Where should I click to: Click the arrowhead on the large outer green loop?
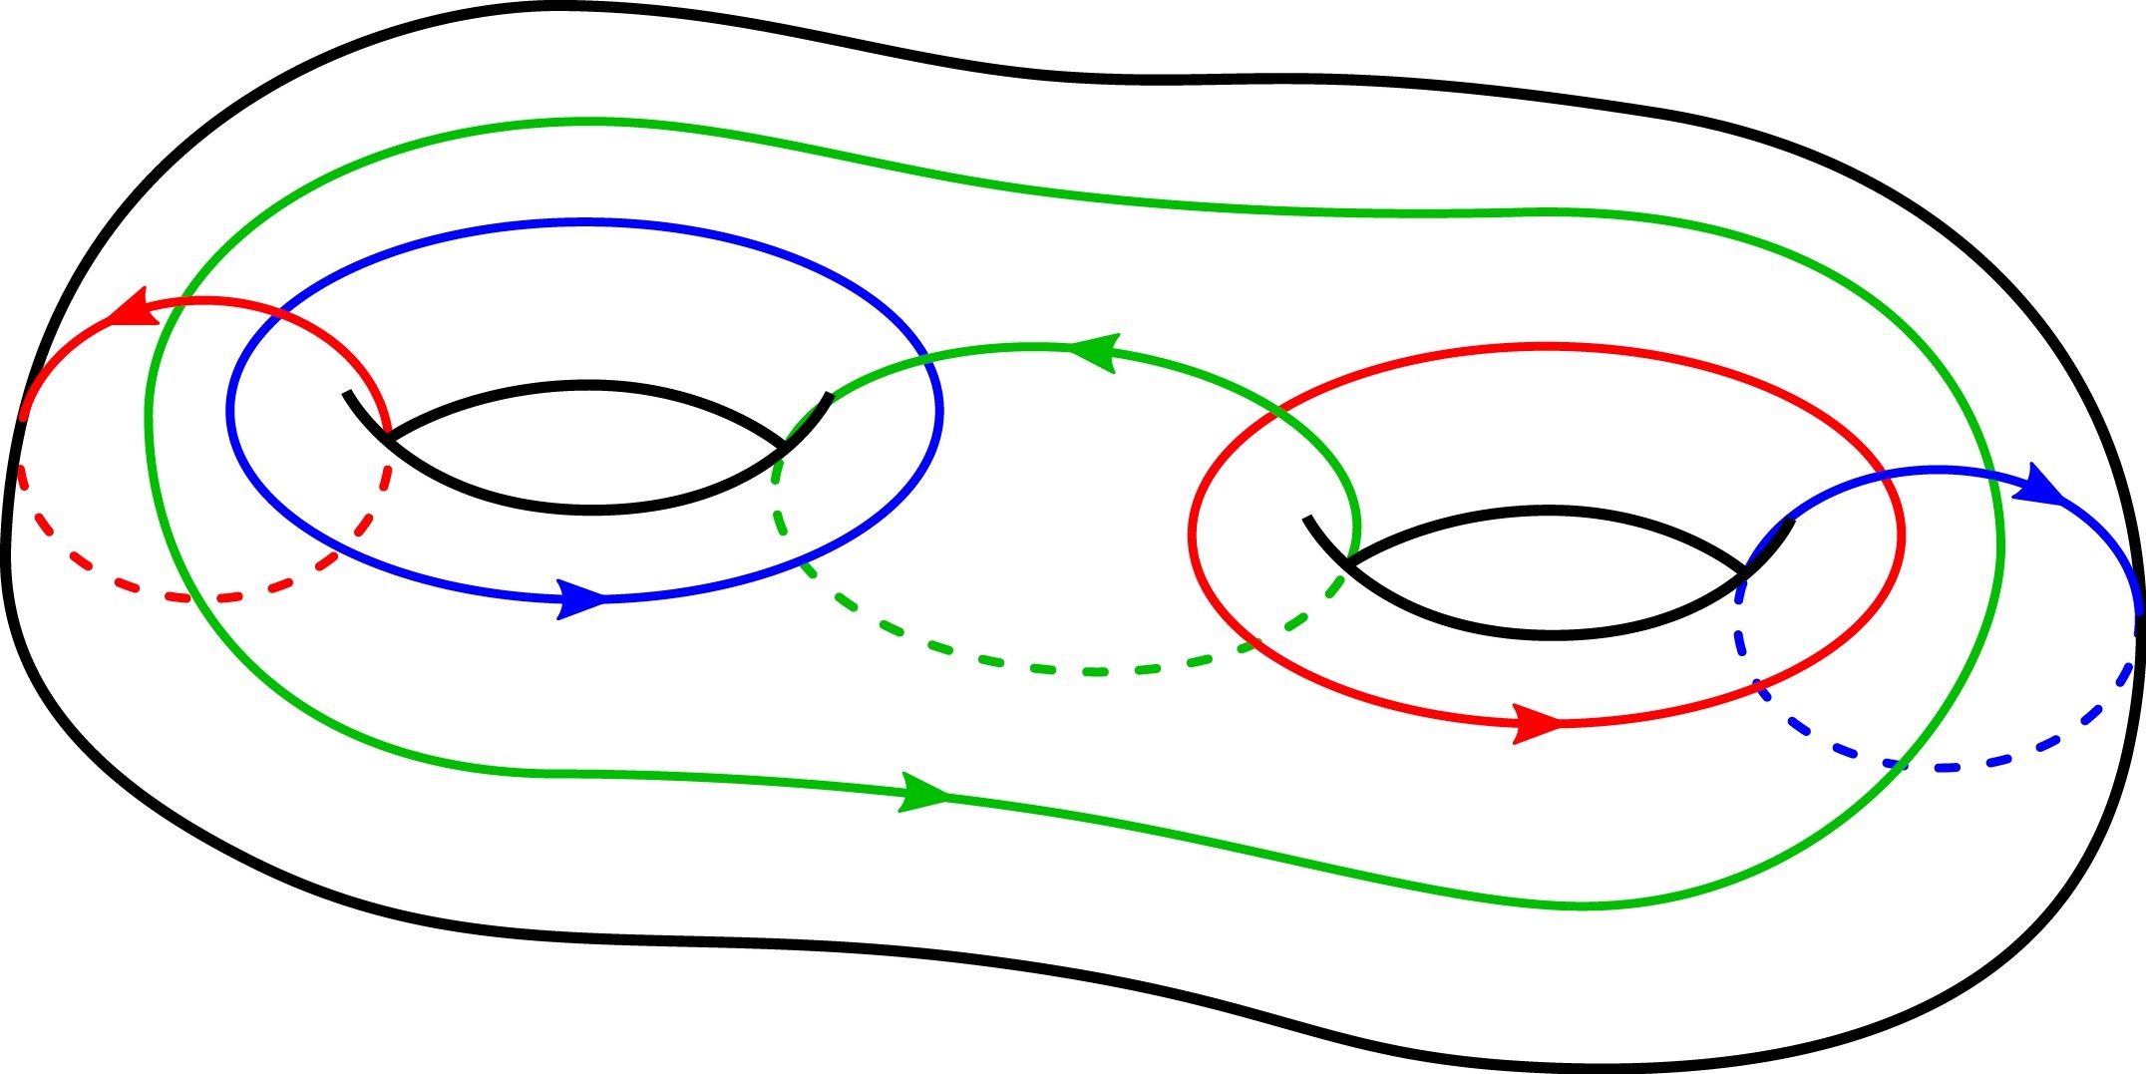pyautogui.click(x=922, y=794)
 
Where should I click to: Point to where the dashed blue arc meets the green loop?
pyautogui.click(x=1900, y=765)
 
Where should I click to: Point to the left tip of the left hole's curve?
pyautogui.click(x=346, y=393)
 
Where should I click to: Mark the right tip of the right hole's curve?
pyautogui.click(x=1791, y=521)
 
